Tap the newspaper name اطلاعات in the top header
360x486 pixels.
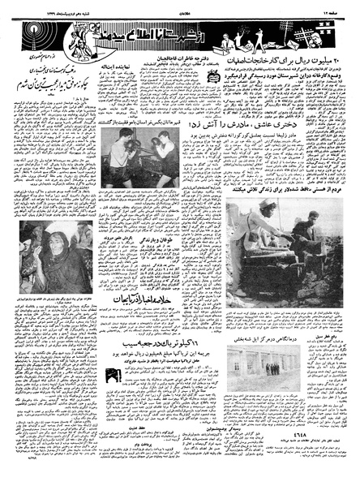coord(180,8)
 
